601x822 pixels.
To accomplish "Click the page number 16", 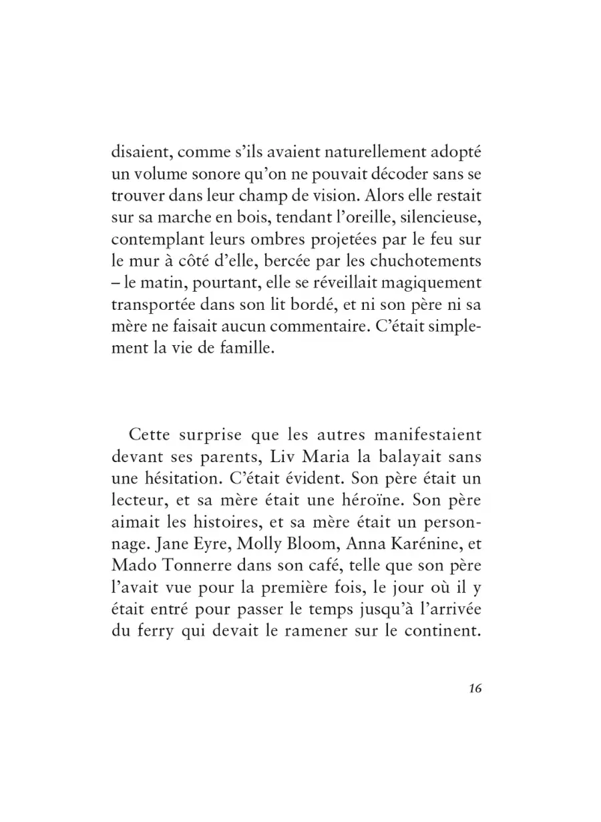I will click(475, 690).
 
